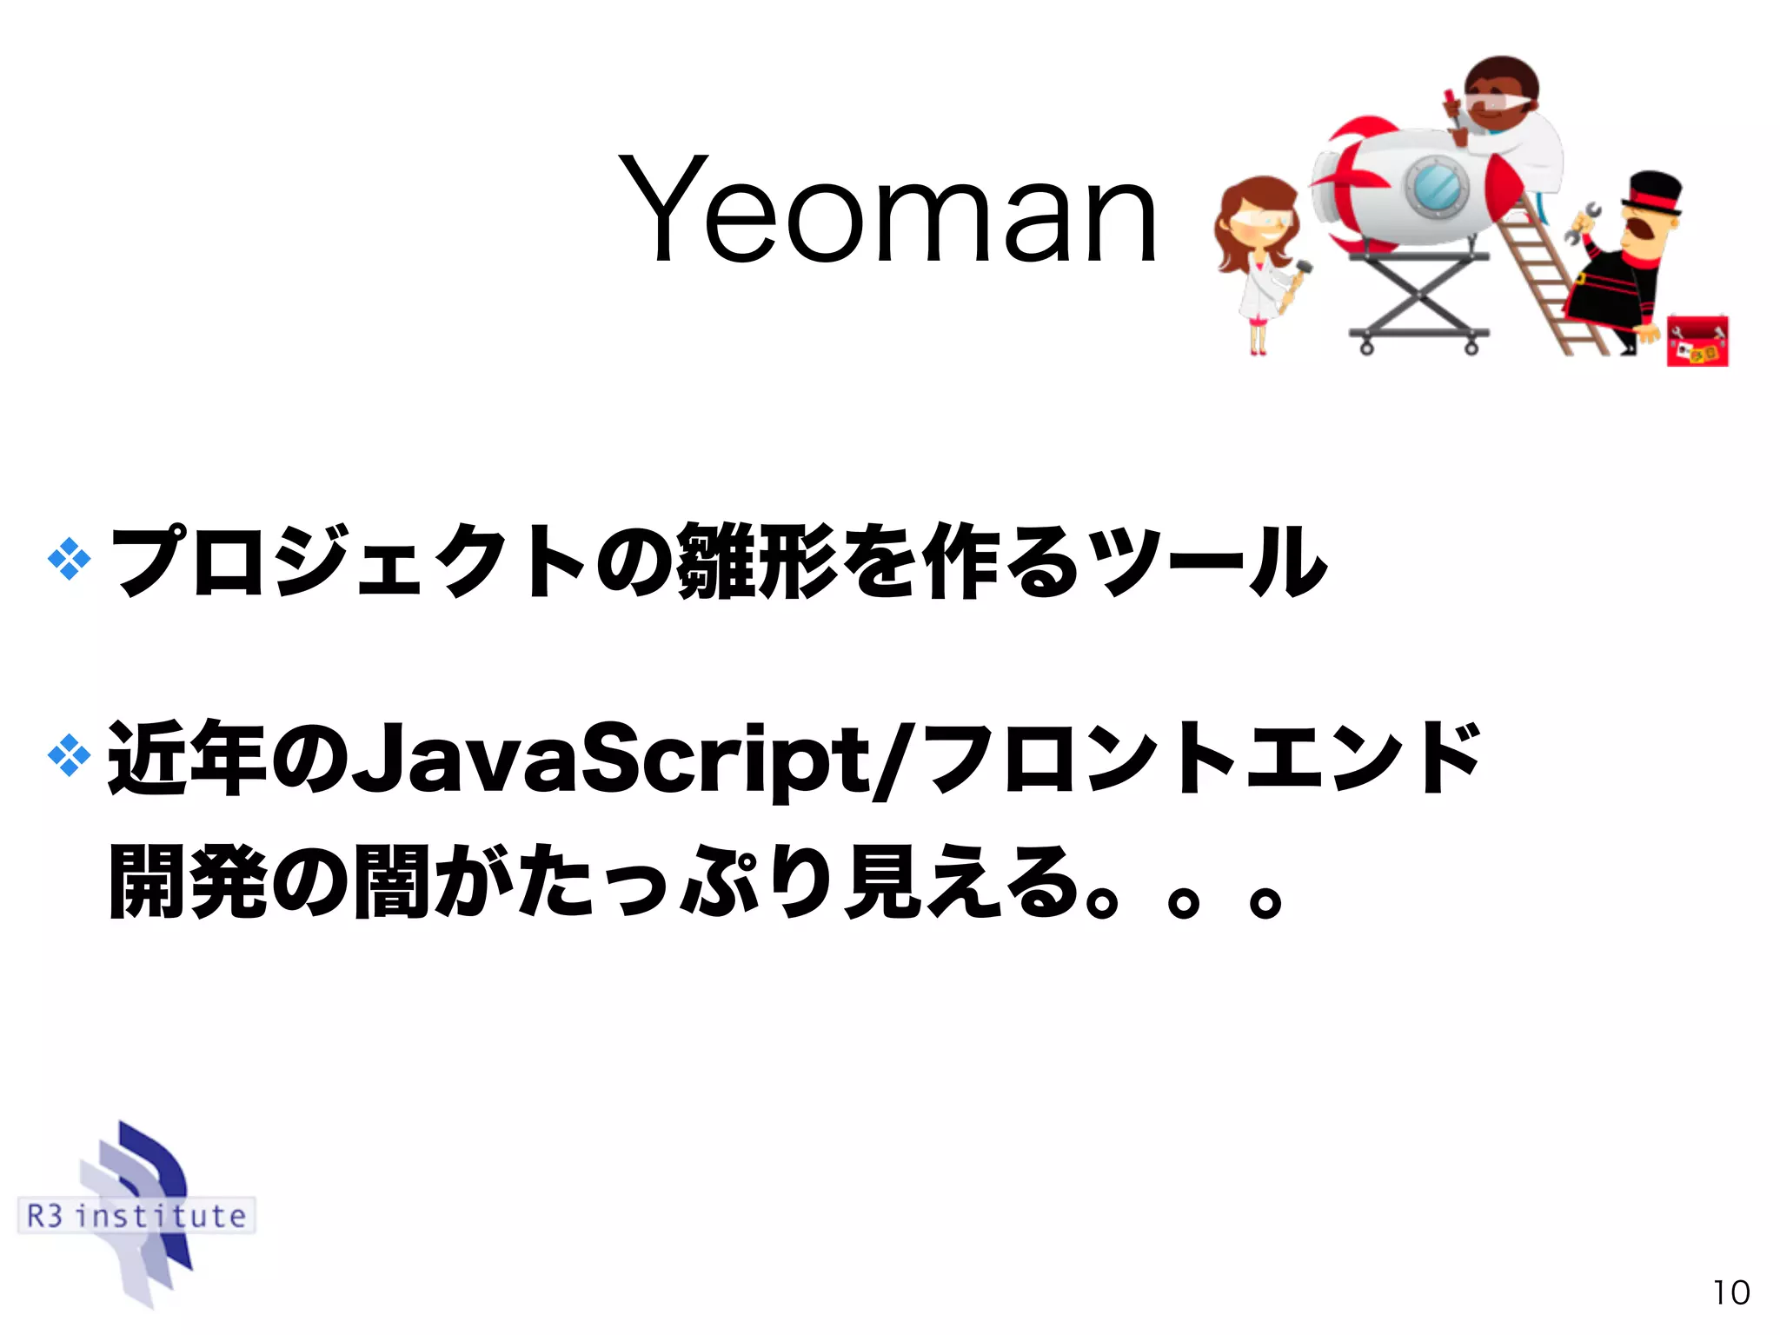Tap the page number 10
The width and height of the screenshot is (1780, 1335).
pyautogui.click(x=1730, y=1293)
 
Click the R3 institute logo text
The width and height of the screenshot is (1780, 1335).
pyautogui.click(x=136, y=1215)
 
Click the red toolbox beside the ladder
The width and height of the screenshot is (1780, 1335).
pyautogui.click(x=1697, y=341)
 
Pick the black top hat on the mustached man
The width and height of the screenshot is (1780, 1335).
pyautogui.click(x=1654, y=191)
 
